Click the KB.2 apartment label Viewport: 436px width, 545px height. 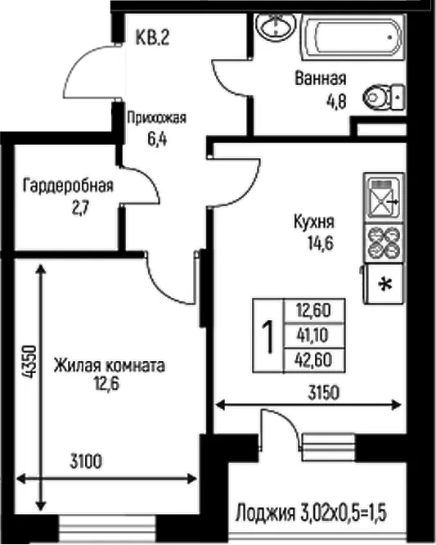click(x=152, y=38)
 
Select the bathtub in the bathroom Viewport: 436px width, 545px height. click(x=352, y=36)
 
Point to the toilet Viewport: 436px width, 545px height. click(x=384, y=97)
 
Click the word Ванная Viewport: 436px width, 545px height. click(x=321, y=79)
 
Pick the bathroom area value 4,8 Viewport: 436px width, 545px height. click(x=336, y=101)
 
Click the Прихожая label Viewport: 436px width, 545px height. click(x=157, y=118)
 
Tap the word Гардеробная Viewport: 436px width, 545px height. click(x=68, y=186)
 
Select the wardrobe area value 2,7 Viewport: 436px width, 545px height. click(x=81, y=209)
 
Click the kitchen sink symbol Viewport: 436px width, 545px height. click(x=384, y=197)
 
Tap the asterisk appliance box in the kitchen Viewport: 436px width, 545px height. click(x=384, y=284)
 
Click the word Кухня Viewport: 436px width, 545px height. click(x=314, y=222)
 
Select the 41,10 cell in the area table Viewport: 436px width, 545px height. click(x=314, y=336)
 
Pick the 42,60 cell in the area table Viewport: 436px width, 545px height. click(x=314, y=360)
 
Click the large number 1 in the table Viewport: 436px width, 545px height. click(x=267, y=337)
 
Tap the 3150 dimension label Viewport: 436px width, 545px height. click(x=323, y=394)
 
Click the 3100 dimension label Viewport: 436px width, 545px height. click(x=86, y=462)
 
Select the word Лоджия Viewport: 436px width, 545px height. click(x=265, y=513)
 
